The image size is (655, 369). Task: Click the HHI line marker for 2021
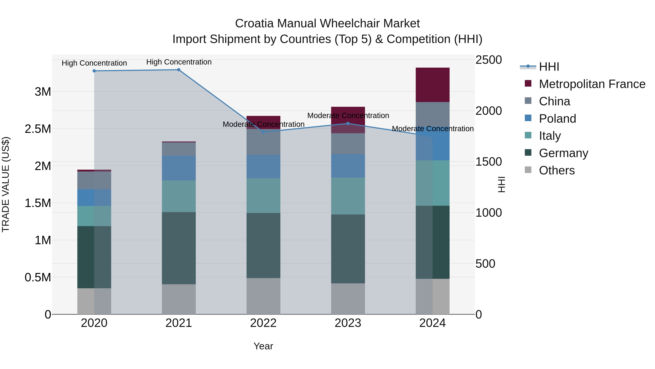[x=179, y=70]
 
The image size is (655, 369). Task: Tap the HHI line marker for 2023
[x=348, y=124]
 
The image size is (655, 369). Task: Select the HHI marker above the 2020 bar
[x=94, y=71]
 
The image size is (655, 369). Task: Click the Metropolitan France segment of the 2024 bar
[x=432, y=85]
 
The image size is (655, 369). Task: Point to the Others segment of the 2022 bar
[x=263, y=296]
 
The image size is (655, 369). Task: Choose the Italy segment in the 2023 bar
[x=348, y=196]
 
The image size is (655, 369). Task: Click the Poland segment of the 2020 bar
[x=94, y=197]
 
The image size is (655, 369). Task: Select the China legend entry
[x=554, y=101]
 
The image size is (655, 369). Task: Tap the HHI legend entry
[x=549, y=67]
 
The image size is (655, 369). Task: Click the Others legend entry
[x=556, y=170]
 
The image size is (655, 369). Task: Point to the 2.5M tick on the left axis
[x=38, y=129]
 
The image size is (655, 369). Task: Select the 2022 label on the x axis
[x=263, y=323]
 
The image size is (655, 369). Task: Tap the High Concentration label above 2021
[x=179, y=62]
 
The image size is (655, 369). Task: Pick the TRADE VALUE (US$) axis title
[x=6, y=184]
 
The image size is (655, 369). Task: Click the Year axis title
[x=263, y=346]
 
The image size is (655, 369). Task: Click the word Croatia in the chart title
[x=254, y=24]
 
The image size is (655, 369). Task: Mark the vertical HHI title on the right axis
[x=501, y=184]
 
